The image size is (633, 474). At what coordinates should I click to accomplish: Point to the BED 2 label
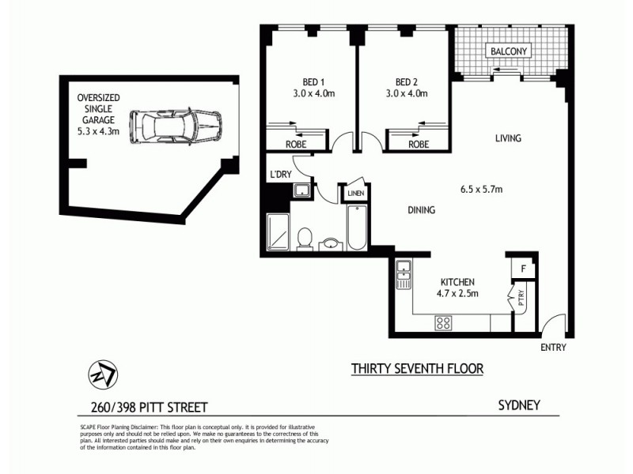[406, 81]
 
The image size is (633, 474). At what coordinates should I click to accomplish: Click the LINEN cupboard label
[354, 192]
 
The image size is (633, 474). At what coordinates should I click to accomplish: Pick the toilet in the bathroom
[304, 238]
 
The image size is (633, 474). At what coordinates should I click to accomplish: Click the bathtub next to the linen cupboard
[355, 228]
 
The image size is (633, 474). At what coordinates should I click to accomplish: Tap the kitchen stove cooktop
[443, 322]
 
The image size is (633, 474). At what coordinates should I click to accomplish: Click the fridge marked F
[523, 269]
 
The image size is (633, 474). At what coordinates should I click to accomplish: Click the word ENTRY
[552, 348]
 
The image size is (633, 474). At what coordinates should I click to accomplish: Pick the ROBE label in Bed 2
[419, 145]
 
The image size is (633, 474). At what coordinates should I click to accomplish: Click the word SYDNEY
[519, 405]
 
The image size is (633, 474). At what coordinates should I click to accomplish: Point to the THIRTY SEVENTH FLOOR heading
[417, 368]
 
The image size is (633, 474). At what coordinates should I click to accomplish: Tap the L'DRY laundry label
[280, 175]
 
